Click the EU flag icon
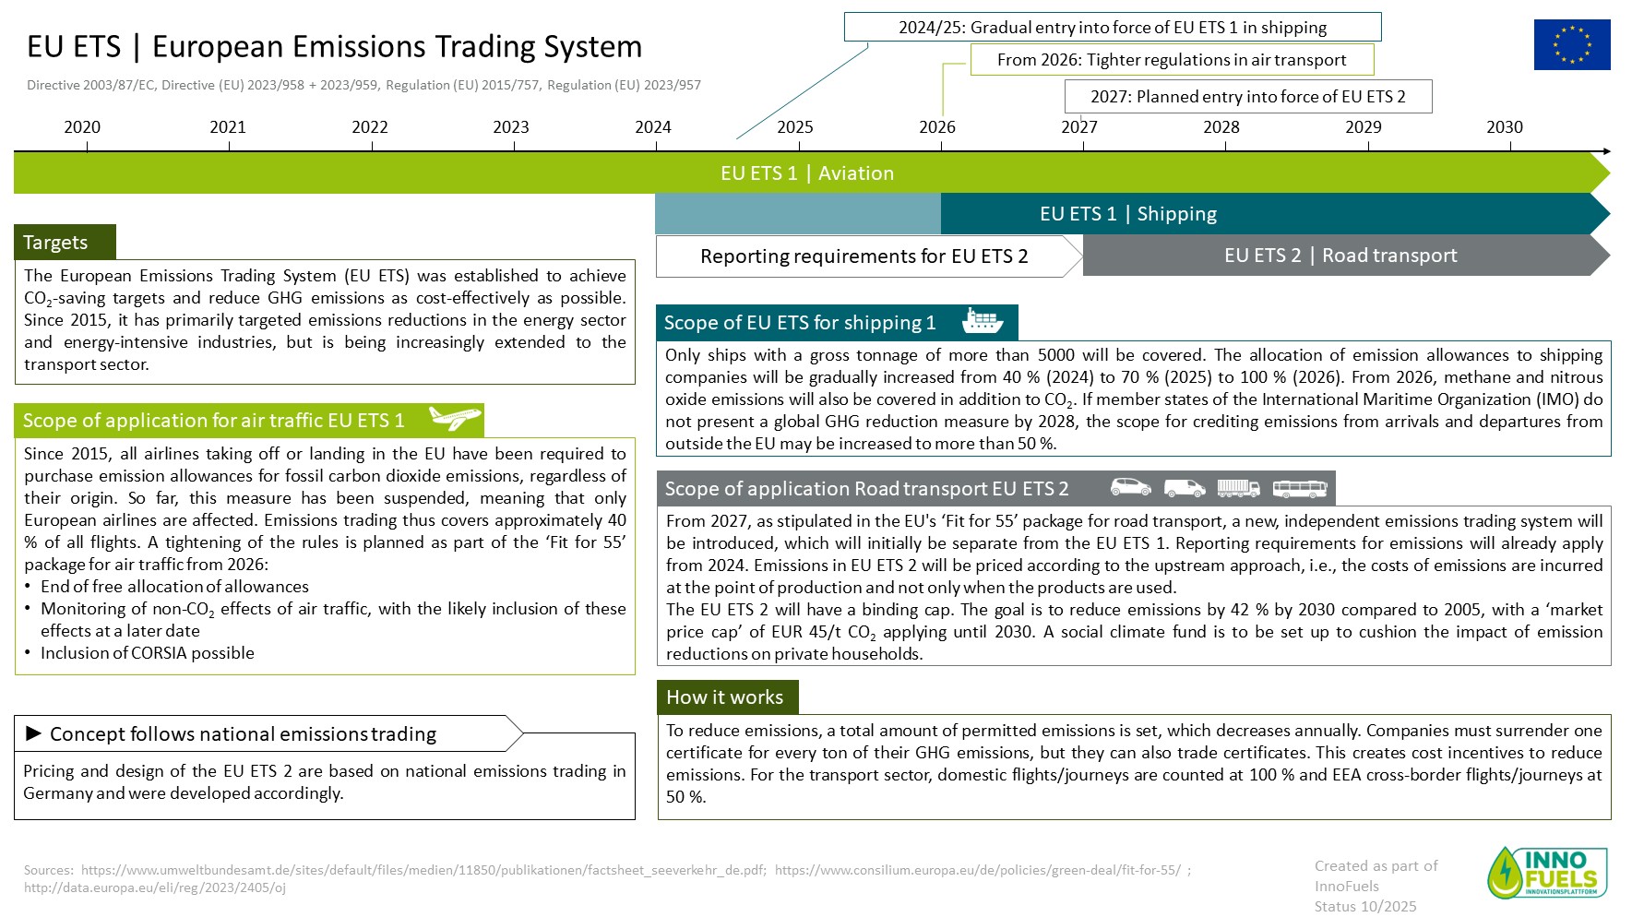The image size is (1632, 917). [1572, 44]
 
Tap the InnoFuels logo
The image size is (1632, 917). [1547, 872]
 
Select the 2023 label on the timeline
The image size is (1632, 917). [511, 127]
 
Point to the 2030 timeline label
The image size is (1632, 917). [1505, 127]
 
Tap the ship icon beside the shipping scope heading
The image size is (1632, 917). [983, 321]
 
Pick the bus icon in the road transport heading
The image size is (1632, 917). [1300, 488]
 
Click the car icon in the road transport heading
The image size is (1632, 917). [1130, 487]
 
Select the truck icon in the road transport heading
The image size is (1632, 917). [1238, 488]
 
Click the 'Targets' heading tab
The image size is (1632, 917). [65, 242]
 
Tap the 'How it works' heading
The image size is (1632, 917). [727, 697]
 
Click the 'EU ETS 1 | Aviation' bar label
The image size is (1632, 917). [807, 173]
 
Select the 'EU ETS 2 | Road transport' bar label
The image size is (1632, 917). [1340, 256]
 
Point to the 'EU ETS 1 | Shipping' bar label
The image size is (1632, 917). [1128, 214]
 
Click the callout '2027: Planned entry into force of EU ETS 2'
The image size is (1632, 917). [1248, 97]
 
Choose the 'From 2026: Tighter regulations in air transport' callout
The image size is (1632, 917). [1172, 60]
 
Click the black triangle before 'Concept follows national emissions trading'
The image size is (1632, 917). [34, 733]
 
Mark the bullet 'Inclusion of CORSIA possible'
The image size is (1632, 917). [148, 653]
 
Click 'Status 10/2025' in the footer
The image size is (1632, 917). [1365, 906]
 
